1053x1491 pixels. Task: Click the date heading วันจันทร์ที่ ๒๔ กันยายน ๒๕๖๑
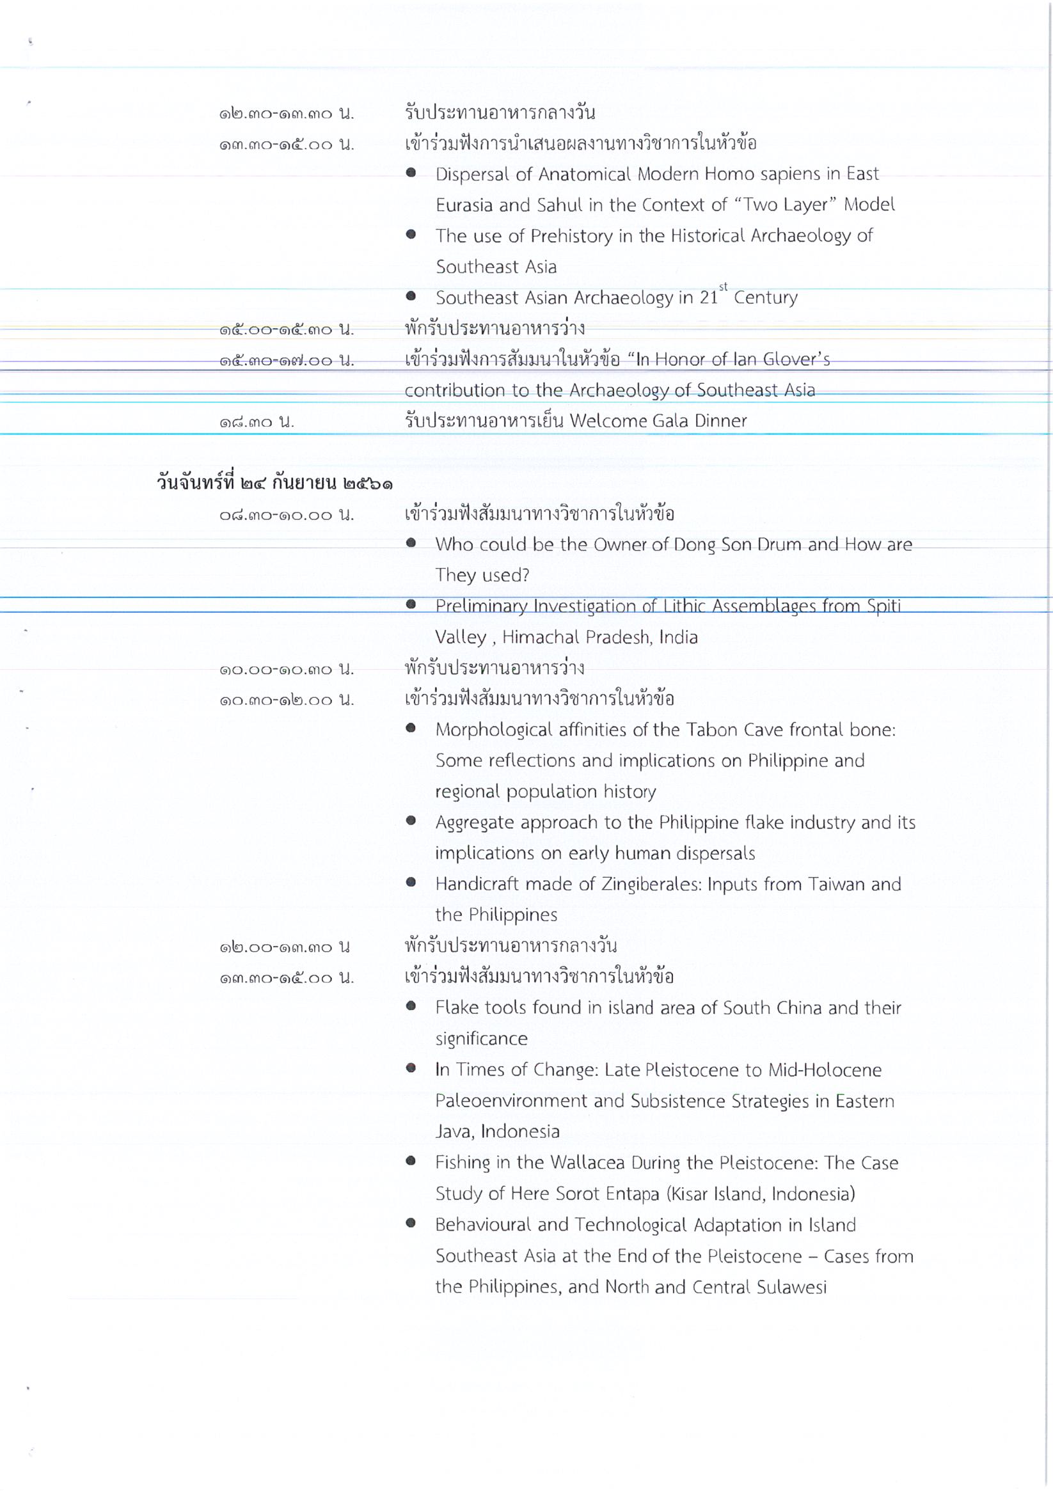(274, 483)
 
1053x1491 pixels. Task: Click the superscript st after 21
(723, 287)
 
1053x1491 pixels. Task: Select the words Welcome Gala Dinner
(658, 421)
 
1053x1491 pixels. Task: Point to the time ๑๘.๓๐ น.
(257, 422)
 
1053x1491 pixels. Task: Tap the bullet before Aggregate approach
(411, 821)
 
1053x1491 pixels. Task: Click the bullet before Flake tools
(411, 1006)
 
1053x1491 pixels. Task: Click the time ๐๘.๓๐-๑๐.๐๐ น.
(287, 515)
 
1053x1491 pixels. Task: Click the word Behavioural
(482, 1225)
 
